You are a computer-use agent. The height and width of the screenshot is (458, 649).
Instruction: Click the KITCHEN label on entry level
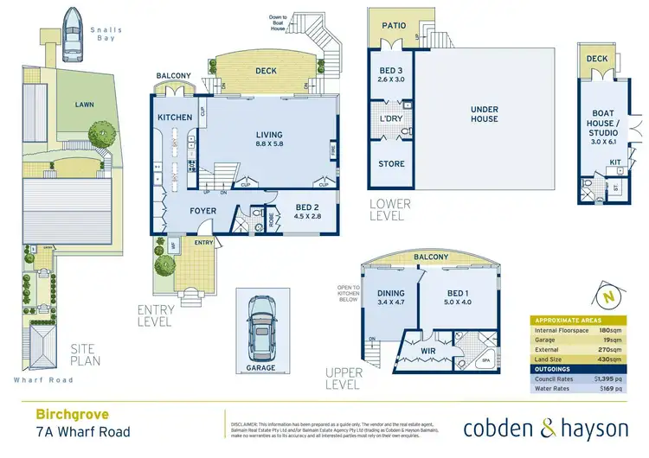tap(174, 117)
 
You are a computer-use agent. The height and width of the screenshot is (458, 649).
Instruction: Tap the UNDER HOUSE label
tap(485, 113)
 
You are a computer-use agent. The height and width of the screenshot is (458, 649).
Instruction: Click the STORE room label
tap(392, 163)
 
